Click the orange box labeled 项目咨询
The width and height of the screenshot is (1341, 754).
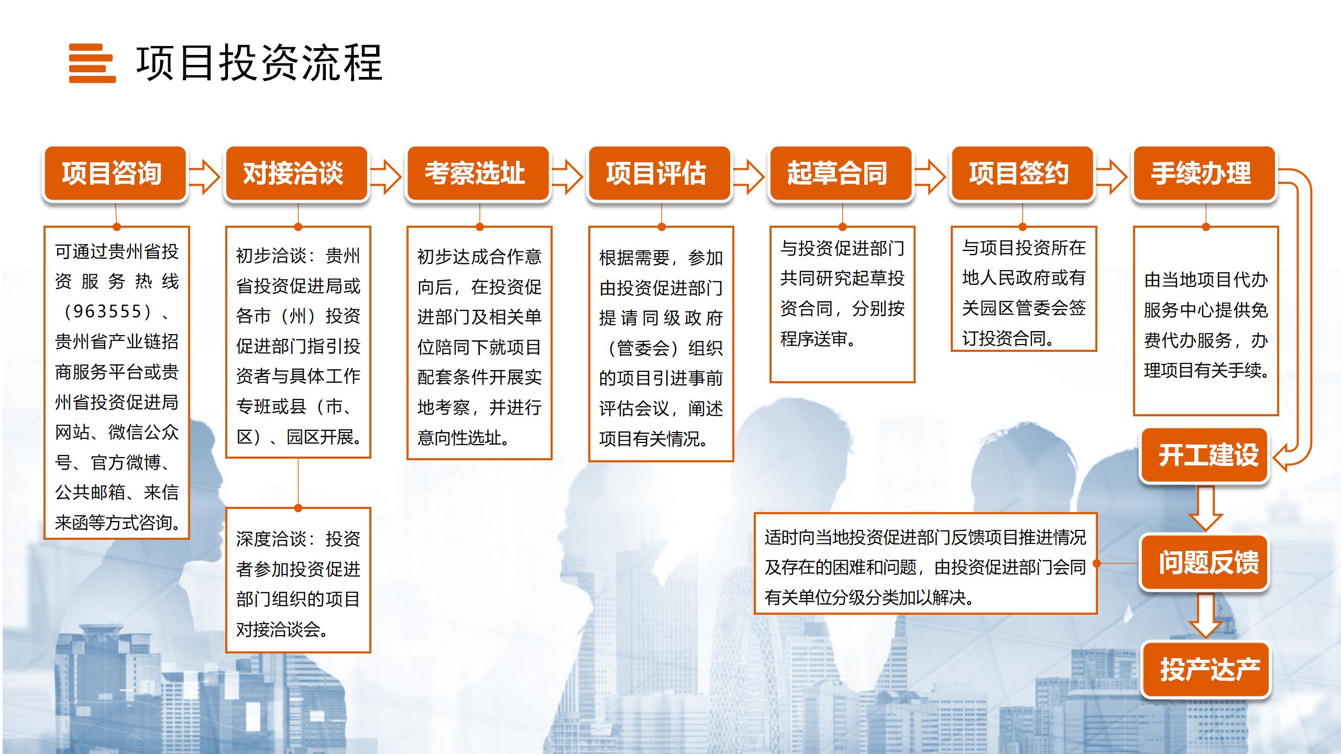(x=115, y=173)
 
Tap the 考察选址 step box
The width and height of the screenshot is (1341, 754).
(x=478, y=173)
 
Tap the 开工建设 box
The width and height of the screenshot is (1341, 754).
(x=1204, y=455)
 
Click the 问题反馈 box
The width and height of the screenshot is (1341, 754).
(x=1204, y=562)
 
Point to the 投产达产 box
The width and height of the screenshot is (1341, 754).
(x=1206, y=670)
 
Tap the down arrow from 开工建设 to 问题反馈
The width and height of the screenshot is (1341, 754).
(x=1205, y=508)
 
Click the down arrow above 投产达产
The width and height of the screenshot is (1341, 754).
(x=1205, y=615)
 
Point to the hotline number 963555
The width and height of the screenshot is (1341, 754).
(x=107, y=312)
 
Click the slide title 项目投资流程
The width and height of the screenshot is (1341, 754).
(x=260, y=63)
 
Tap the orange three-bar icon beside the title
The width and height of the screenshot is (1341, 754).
(x=92, y=63)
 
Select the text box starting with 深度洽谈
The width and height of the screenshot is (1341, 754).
(x=298, y=580)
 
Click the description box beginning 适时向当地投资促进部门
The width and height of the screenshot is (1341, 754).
(x=926, y=563)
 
